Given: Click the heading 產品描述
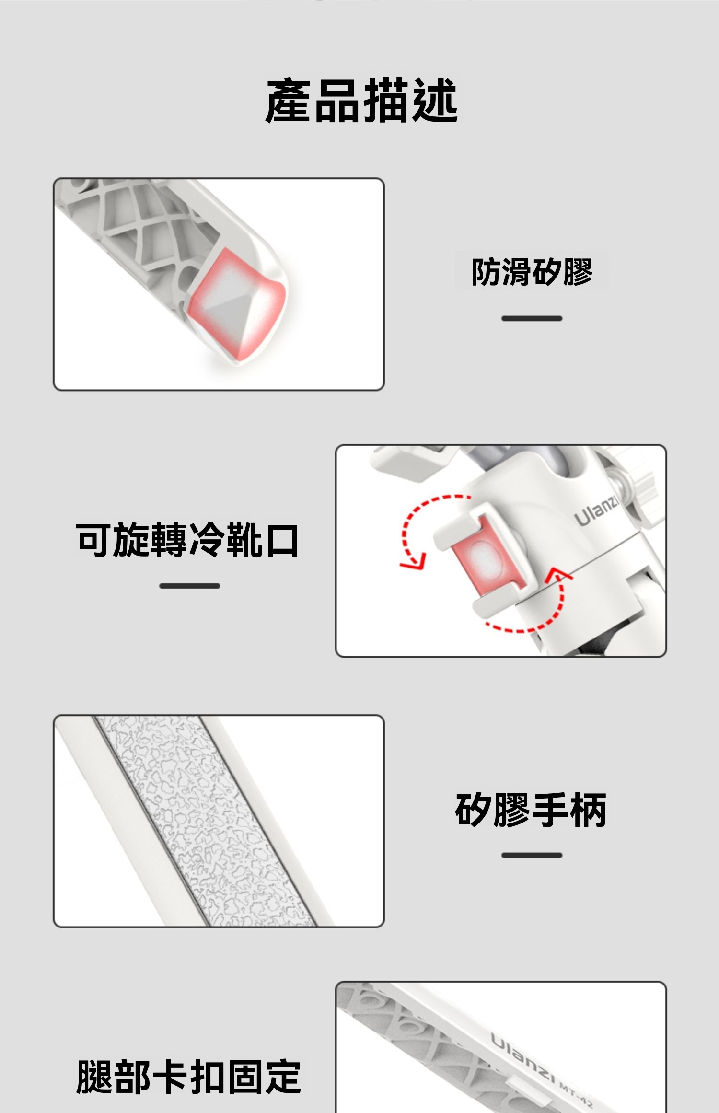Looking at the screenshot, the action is [362, 101].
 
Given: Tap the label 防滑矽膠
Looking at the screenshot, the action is [532, 272].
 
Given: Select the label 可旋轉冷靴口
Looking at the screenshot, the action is [187, 540].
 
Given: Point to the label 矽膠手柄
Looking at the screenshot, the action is [531, 810].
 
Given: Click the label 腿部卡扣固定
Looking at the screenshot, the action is [188, 1077].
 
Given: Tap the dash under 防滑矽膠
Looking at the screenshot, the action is [532, 318].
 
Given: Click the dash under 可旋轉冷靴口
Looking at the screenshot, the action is [190, 586].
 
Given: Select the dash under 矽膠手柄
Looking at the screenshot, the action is [532, 855].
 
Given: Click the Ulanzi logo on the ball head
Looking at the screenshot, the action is [596, 511].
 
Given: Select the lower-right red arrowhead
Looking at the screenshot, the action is [558, 574].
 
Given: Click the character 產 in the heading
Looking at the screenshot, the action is [289, 101].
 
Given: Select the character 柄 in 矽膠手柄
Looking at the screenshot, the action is [588, 810].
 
